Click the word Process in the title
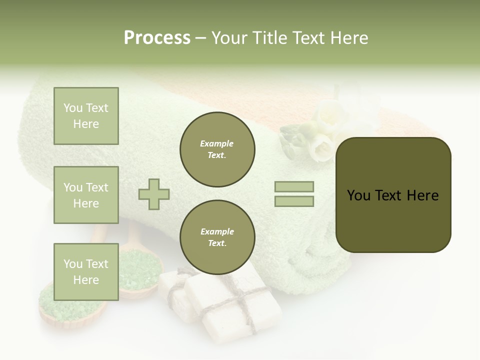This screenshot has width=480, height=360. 157,38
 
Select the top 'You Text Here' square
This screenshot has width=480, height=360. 86,116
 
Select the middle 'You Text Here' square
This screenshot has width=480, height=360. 86,195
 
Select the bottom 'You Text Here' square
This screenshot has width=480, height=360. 86,271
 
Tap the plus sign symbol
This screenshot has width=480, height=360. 154,194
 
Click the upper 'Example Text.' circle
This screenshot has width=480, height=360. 217,149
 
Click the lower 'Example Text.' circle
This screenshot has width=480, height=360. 217,237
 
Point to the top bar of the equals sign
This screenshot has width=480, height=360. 294,187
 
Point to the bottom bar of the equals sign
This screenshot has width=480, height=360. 294,201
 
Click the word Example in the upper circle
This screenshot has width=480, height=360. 216,144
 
